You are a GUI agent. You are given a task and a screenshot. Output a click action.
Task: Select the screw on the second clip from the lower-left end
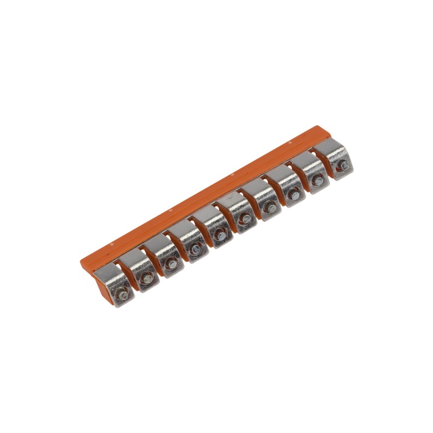[x=146, y=278]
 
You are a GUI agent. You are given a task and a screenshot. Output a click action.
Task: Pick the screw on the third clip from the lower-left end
[x=171, y=265]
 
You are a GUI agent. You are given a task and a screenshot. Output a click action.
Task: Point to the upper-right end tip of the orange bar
[x=319, y=128]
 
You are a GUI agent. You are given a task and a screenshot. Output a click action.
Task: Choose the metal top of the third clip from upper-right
[x=280, y=175]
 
